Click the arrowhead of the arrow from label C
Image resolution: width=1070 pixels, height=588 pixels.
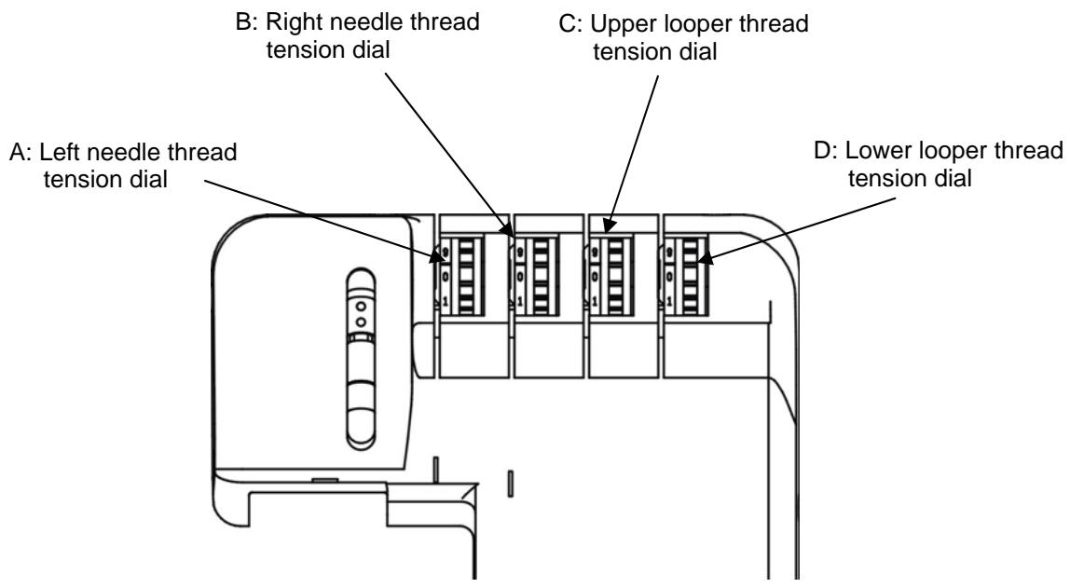tap(607, 226)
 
